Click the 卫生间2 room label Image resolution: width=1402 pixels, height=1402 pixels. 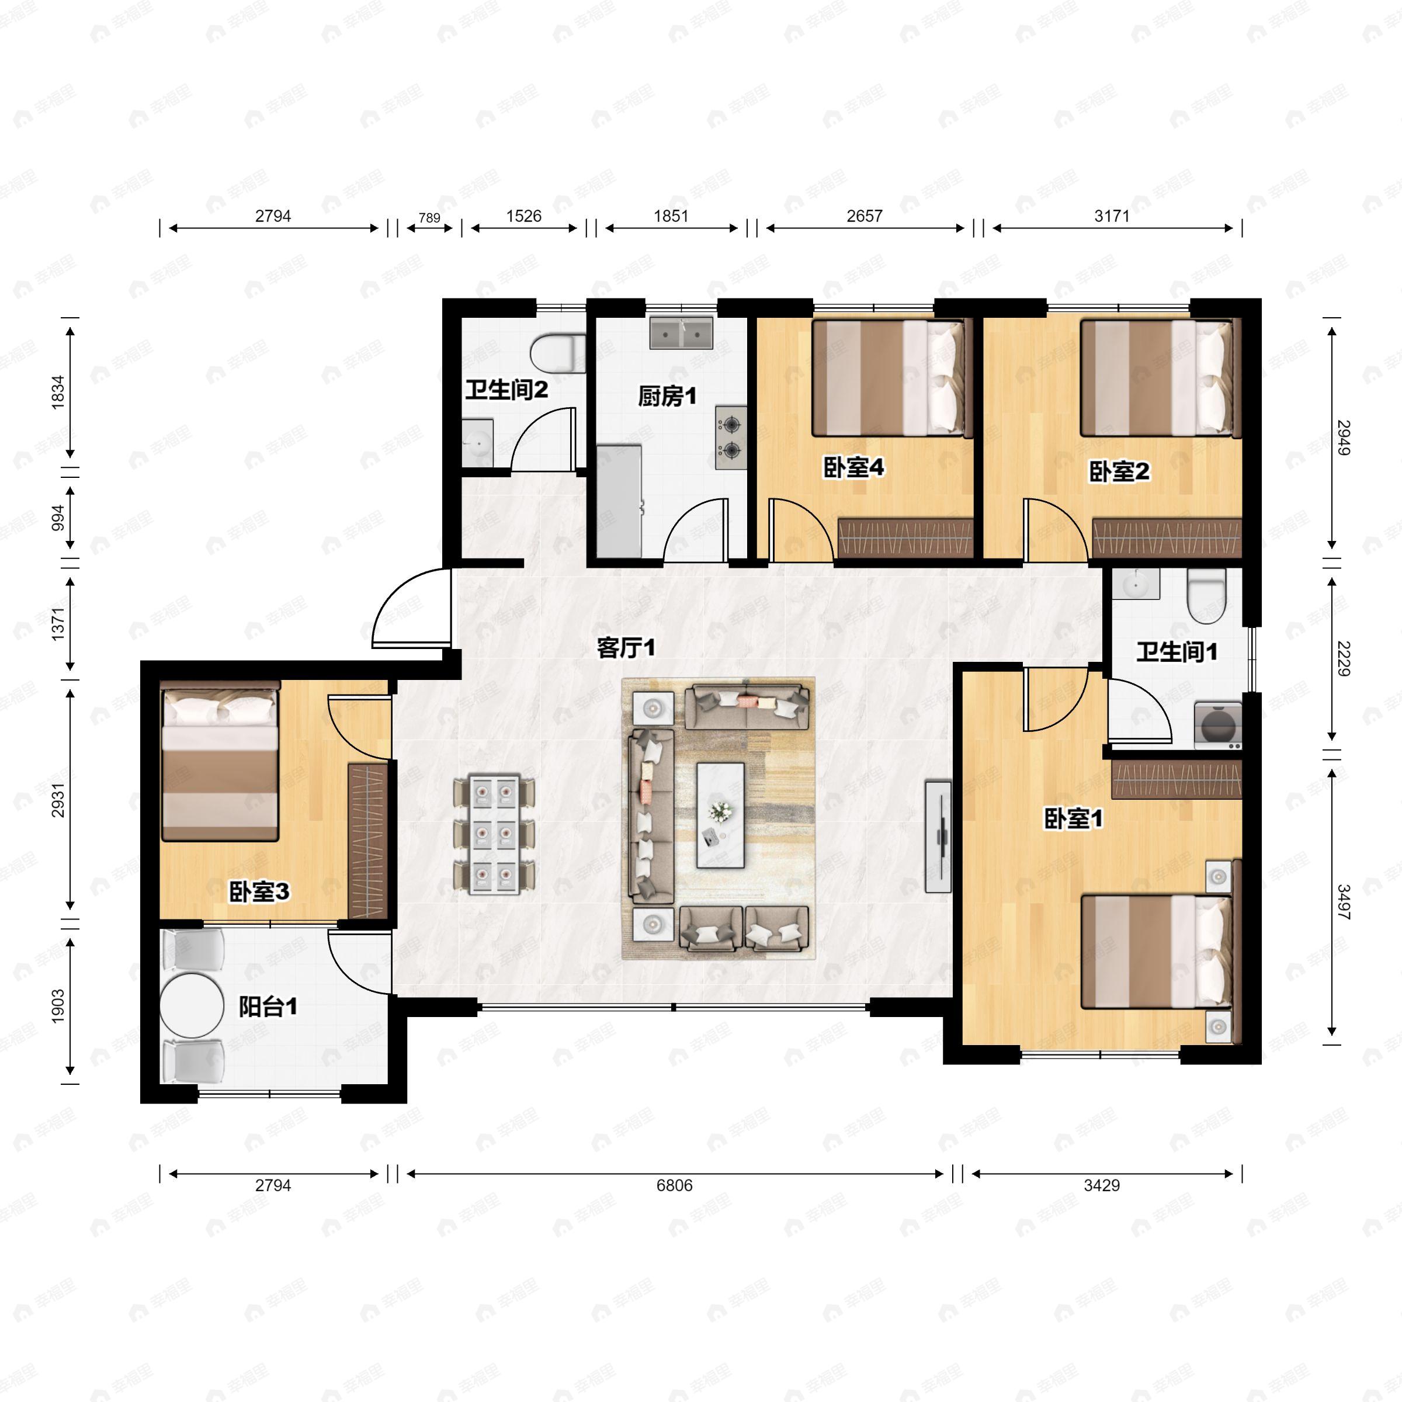[506, 390]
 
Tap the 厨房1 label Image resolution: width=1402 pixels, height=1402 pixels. [667, 396]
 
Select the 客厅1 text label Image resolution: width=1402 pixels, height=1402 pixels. [626, 647]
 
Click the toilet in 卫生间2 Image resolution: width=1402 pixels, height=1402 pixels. [557, 353]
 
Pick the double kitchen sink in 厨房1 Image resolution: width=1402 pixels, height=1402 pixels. [681, 333]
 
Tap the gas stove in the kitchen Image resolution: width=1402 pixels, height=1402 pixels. [731, 437]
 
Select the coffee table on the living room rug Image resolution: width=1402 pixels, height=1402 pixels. [721, 815]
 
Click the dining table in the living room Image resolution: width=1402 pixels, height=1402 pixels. [494, 835]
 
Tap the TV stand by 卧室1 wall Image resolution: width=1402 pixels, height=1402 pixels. [938, 836]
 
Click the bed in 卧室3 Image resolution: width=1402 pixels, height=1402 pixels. [220, 761]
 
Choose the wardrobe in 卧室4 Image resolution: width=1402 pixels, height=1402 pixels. [905, 539]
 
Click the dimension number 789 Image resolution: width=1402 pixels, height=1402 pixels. [429, 218]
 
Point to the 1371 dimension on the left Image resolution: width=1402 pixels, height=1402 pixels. [58, 623]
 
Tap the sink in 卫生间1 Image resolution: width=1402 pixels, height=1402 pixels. [1136, 584]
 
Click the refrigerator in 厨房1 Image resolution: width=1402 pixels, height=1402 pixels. [619, 501]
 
